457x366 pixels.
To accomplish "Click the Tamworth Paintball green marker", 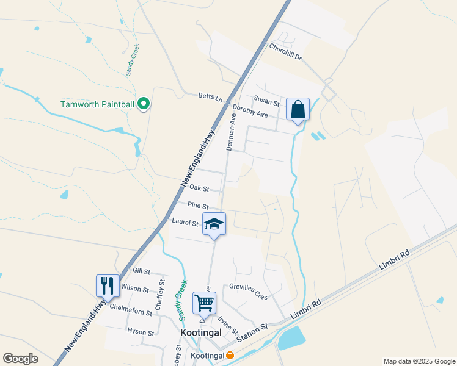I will [x=144, y=104].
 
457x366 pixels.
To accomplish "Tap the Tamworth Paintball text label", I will [x=97, y=104].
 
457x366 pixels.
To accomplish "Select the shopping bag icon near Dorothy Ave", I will [x=298, y=110].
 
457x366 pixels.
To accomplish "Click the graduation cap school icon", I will [x=214, y=224].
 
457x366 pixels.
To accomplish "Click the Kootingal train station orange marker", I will [x=230, y=355].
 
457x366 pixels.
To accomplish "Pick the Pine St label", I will [x=199, y=206].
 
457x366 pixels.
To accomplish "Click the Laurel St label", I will [x=185, y=223].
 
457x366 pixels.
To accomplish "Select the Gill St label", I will [x=141, y=270].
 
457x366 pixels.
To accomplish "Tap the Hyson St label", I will [x=141, y=332].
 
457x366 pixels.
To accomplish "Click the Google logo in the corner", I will [x=20, y=359].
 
